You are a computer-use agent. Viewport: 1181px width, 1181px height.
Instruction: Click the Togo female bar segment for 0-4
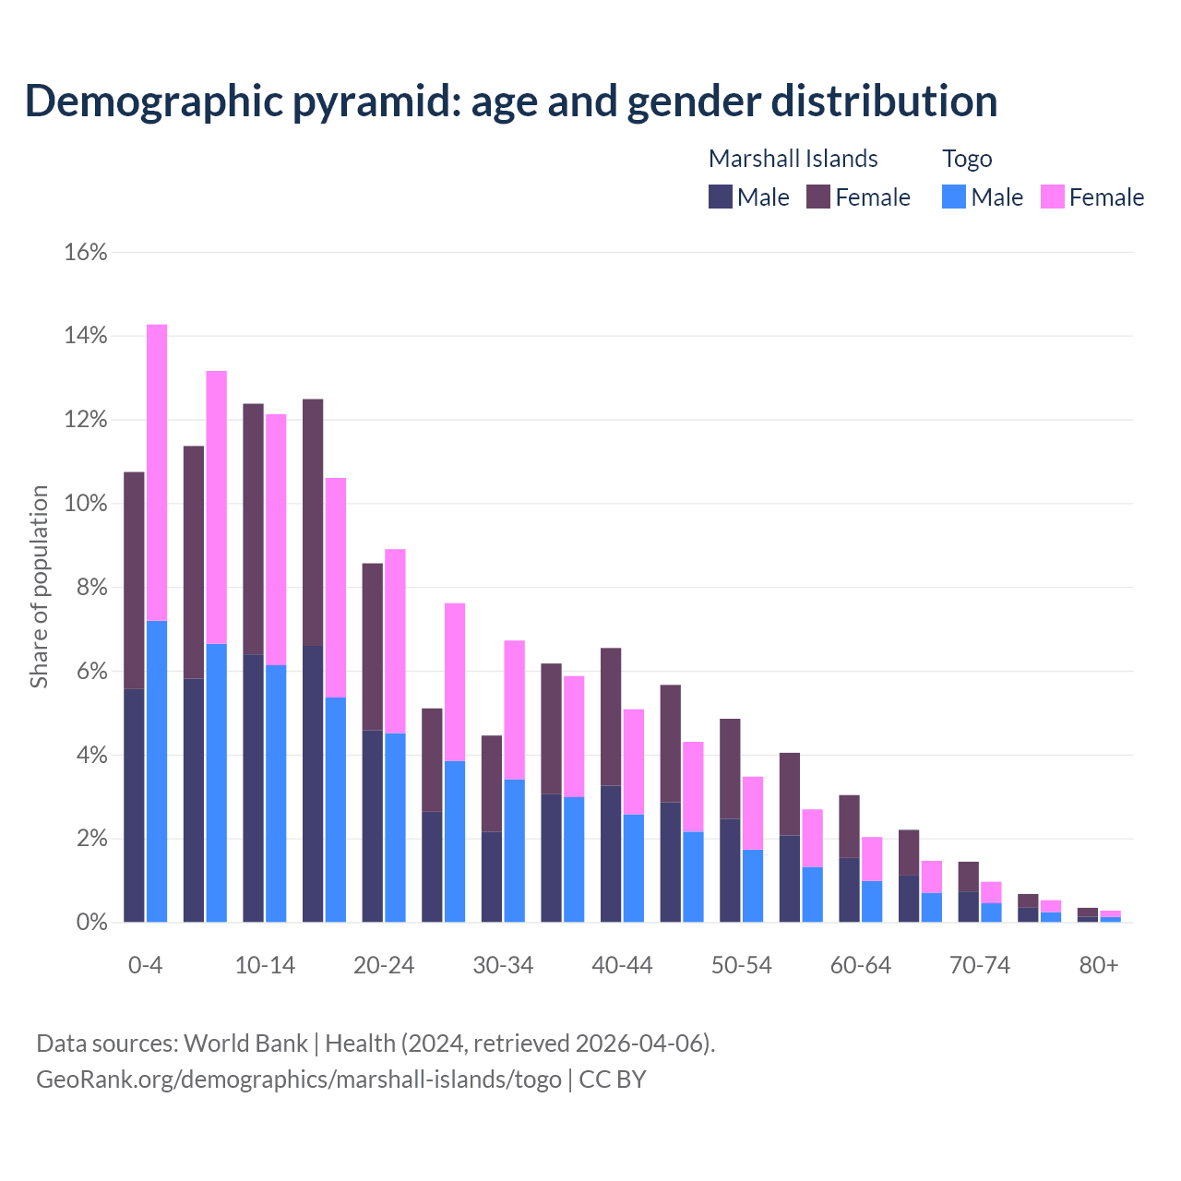click(157, 472)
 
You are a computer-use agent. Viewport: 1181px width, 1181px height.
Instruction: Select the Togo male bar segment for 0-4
click(157, 771)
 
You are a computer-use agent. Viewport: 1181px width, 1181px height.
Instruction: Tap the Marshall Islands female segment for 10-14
click(253, 529)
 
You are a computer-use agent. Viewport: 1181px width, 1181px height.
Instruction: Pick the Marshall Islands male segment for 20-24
click(372, 826)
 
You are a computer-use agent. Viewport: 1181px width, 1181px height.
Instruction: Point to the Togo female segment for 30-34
click(514, 710)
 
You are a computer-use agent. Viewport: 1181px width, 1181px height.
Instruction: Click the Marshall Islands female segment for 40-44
click(611, 717)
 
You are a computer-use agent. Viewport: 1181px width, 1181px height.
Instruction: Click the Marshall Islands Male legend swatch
click(721, 197)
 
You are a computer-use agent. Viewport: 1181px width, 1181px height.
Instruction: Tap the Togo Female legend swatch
click(1053, 197)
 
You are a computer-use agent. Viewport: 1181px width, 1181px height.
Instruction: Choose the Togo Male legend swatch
click(954, 197)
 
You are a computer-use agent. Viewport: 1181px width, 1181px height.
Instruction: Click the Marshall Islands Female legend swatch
click(818, 197)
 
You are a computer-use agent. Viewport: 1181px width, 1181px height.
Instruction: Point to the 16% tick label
click(86, 252)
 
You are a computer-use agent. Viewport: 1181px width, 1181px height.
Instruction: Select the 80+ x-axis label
click(1099, 965)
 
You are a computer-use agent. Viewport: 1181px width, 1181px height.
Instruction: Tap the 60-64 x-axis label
click(861, 965)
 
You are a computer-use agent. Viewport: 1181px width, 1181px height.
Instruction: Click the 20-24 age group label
click(384, 965)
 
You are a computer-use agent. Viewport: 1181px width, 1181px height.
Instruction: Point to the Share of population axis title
click(39, 587)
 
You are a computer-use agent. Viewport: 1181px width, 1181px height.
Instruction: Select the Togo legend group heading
click(967, 159)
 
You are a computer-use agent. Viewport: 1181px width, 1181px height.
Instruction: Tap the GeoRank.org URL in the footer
click(298, 1079)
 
